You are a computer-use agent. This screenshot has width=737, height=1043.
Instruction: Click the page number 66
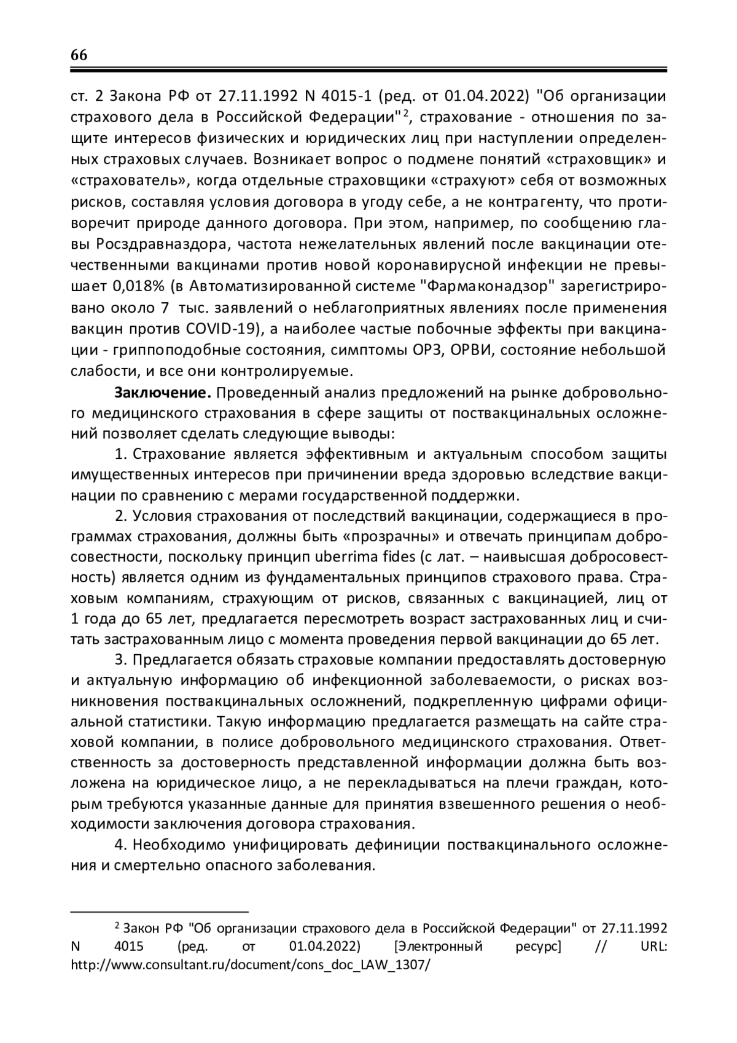(79, 55)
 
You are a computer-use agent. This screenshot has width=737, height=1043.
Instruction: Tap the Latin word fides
(415, 557)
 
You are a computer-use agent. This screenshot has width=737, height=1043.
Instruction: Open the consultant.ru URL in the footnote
(251, 964)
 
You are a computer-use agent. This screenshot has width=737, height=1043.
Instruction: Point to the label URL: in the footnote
(653, 946)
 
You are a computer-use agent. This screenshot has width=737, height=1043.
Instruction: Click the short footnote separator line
(160, 910)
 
